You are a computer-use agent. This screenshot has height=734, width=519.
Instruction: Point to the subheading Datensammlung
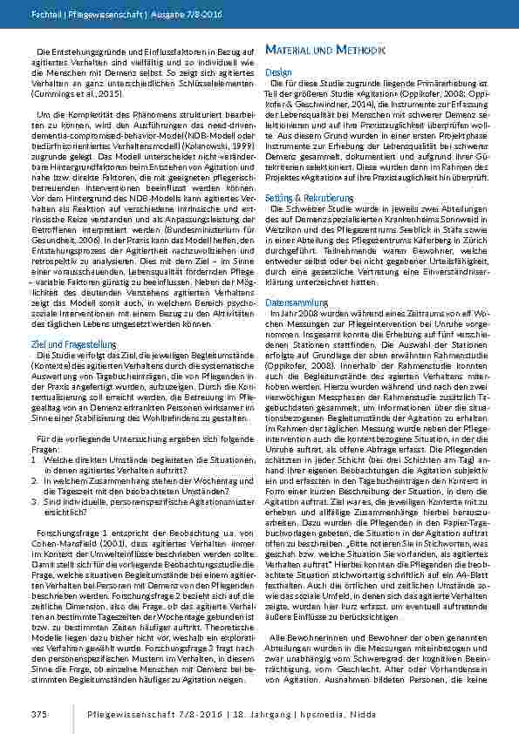pos(293,276)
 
